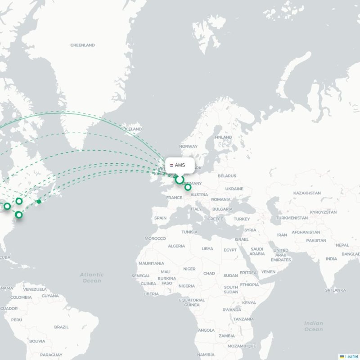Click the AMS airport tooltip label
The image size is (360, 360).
[180, 165]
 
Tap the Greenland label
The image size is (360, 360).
[82, 45]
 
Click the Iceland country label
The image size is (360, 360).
[133, 129]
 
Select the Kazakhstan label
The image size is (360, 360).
[306, 193]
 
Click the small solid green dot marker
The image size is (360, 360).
[39, 201]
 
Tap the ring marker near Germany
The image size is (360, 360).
[188, 187]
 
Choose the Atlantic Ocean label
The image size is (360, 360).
[92, 277]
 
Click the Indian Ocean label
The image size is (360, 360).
[313, 326]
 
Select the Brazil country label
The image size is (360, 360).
[61, 327]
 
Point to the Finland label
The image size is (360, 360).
[223, 137]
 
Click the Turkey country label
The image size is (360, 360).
[241, 219]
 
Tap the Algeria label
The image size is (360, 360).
[176, 246]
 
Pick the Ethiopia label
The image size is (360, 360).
[249, 284]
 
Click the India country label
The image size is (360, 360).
[331, 259]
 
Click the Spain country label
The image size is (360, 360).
[160, 218]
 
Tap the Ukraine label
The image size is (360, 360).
[234, 189]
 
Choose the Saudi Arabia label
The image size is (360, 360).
[257, 251]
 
